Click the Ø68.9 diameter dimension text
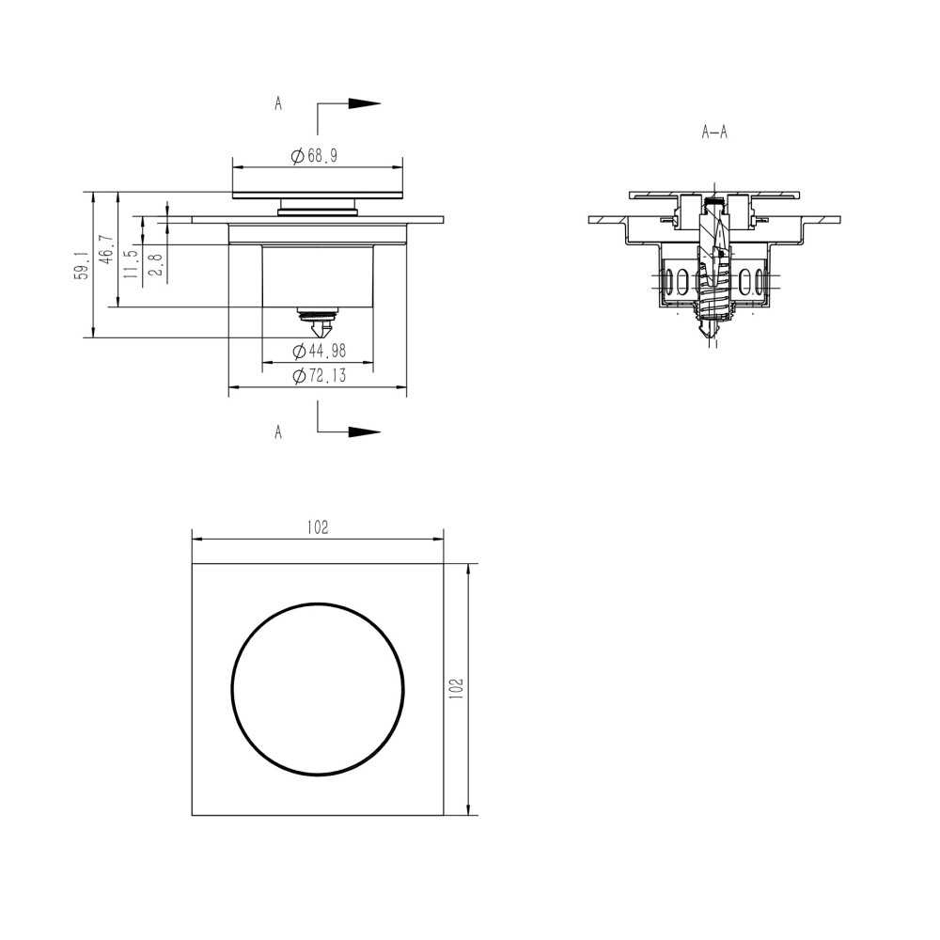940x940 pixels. pos(315,157)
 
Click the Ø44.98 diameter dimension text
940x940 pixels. pos(319,351)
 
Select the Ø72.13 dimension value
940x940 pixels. pos(319,376)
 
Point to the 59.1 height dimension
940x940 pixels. pos(83,265)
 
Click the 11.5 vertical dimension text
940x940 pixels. pos(130,259)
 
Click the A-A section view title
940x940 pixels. pos(714,133)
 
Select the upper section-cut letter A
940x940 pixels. pos(278,104)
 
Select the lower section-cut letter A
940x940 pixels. pos(278,431)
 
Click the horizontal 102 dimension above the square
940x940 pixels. pos(318,528)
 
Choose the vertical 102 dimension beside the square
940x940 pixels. pos(456,688)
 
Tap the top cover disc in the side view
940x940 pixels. pos(319,195)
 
